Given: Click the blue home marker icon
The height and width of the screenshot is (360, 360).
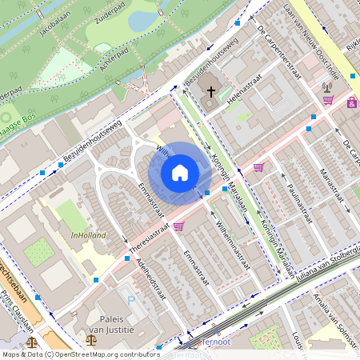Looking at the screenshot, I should tap(180, 173).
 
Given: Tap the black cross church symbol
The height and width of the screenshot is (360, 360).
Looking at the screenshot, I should tap(211, 90).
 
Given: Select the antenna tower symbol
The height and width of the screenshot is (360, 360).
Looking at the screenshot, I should tap(327, 86).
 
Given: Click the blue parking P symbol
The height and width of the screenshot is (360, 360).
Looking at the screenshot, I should tap(132, 299).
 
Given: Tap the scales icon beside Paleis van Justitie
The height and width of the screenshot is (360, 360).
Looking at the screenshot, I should tap(90, 338).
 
